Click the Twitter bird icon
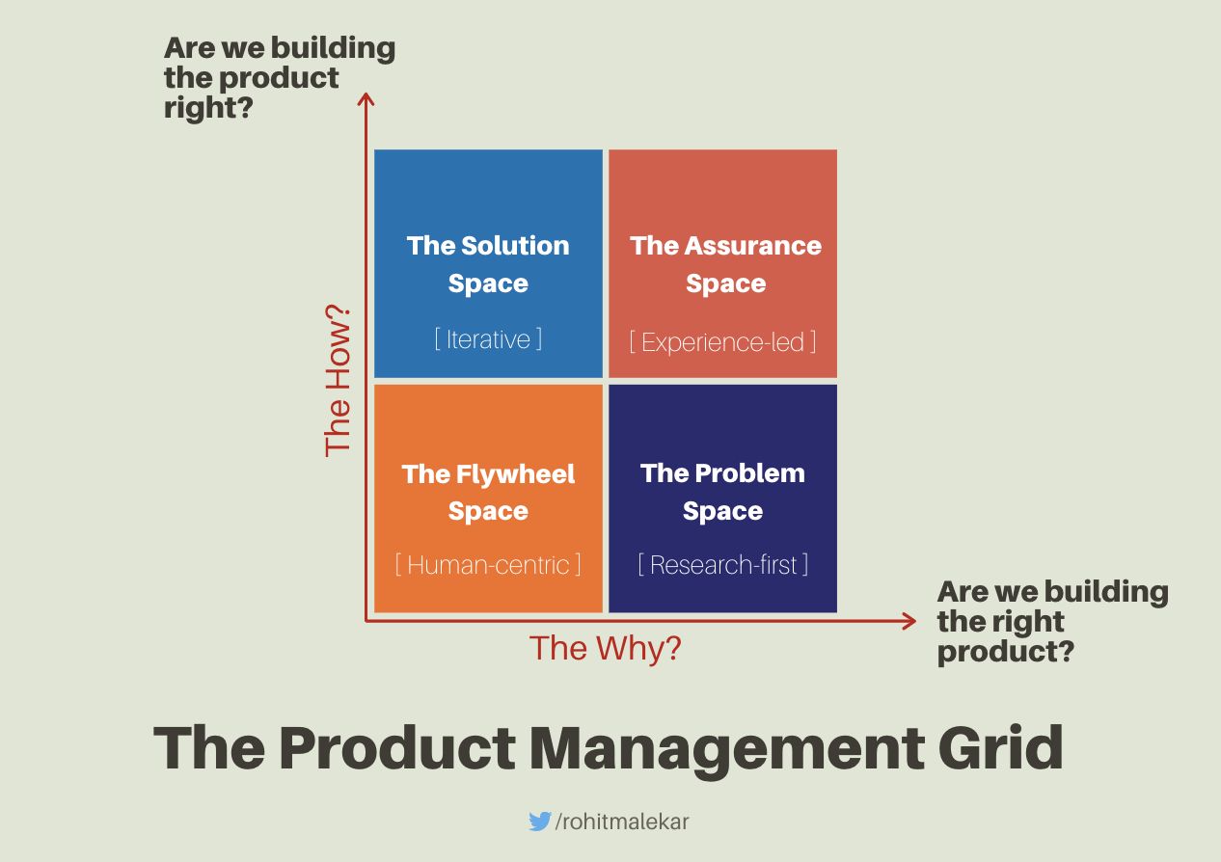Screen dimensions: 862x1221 pos(539,822)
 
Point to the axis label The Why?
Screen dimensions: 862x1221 pos(605,648)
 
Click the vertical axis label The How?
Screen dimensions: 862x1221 pos(338,382)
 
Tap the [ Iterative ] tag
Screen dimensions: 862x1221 pos(488,339)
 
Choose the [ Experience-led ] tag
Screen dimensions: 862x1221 pos(722,341)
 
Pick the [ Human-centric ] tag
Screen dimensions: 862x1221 pos(488,564)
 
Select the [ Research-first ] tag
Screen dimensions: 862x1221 pos(722,564)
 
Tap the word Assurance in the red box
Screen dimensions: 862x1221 pos(754,245)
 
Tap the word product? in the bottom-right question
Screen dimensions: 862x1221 pos(1006,651)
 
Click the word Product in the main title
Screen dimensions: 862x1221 pos(396,747)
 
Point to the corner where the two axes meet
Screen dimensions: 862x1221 pos(366,621)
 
